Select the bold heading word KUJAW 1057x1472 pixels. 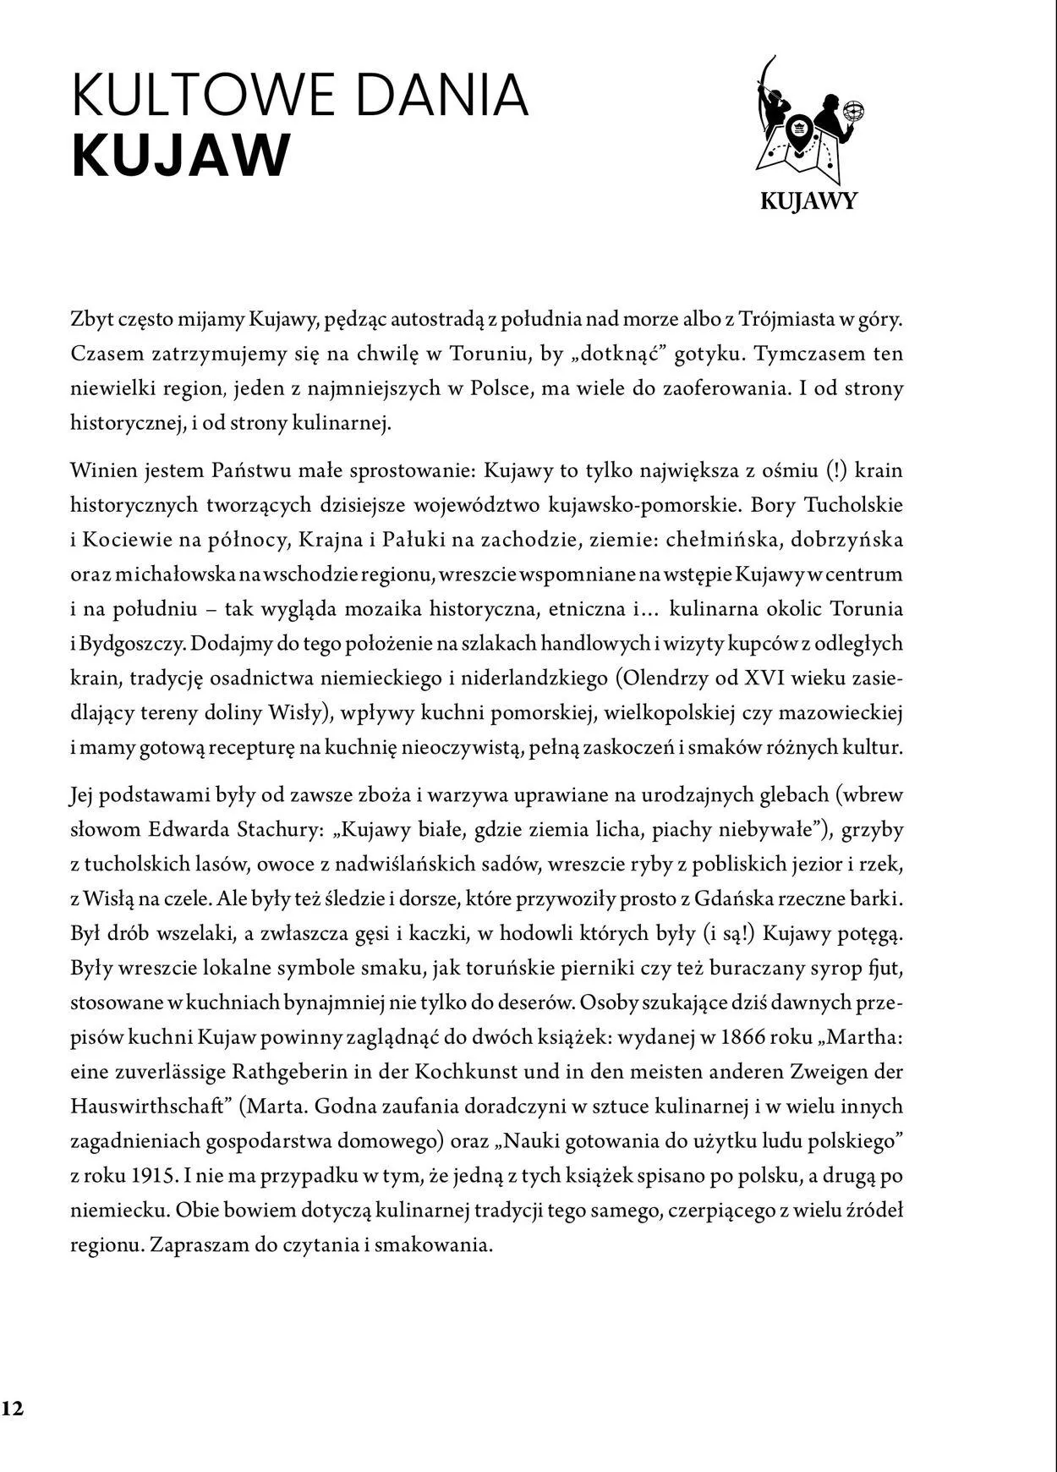click(x=180, y=156)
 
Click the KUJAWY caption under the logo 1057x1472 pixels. click(x=808, y=201)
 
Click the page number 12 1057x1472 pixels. click(x=13, y=1408)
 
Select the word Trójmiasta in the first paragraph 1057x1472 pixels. click(x=791, y=320)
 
